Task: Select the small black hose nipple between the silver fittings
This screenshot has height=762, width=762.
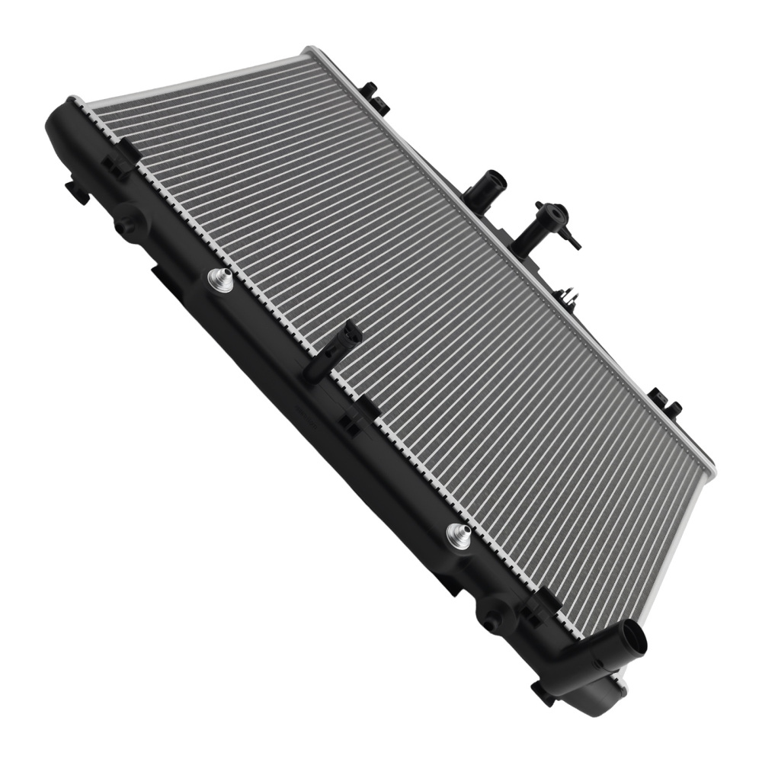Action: point(332,351)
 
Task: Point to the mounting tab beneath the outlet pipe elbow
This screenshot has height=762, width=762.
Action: point(543,691)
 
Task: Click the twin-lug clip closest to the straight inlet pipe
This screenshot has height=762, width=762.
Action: point(376,98)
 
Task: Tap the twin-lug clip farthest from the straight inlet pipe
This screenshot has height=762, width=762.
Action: point(664,405)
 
